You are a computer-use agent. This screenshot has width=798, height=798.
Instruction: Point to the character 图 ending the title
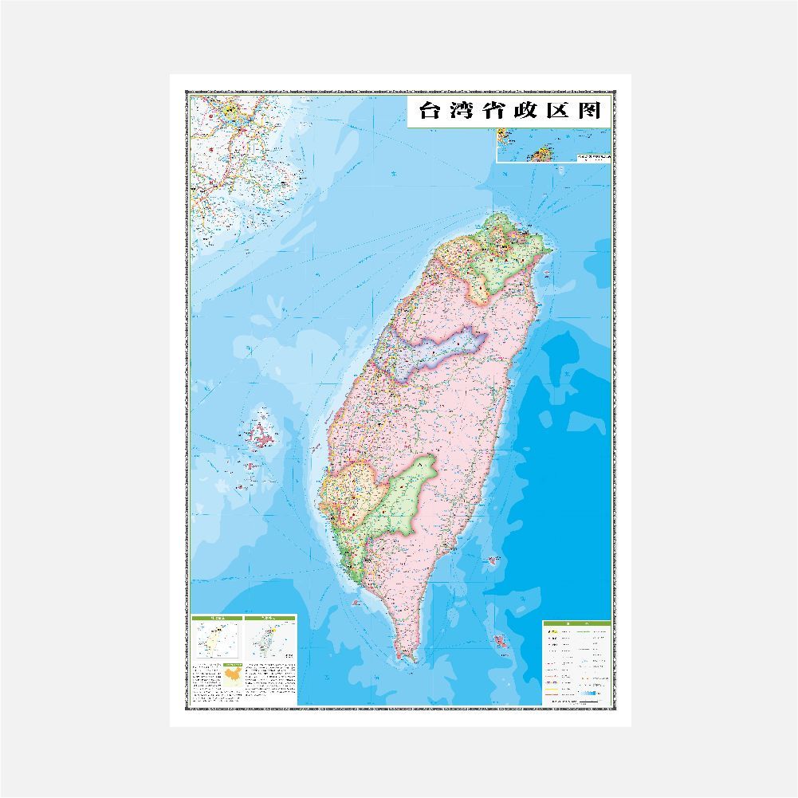589,111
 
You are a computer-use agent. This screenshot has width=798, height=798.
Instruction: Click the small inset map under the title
553,145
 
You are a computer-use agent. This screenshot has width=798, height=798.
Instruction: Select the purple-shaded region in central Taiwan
442,351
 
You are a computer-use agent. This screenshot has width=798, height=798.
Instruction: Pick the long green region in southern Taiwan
403,494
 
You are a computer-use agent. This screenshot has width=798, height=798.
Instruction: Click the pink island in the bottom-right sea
501,639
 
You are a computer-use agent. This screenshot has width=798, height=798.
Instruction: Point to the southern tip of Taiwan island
409,658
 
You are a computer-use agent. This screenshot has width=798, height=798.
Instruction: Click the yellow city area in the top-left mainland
231,112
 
